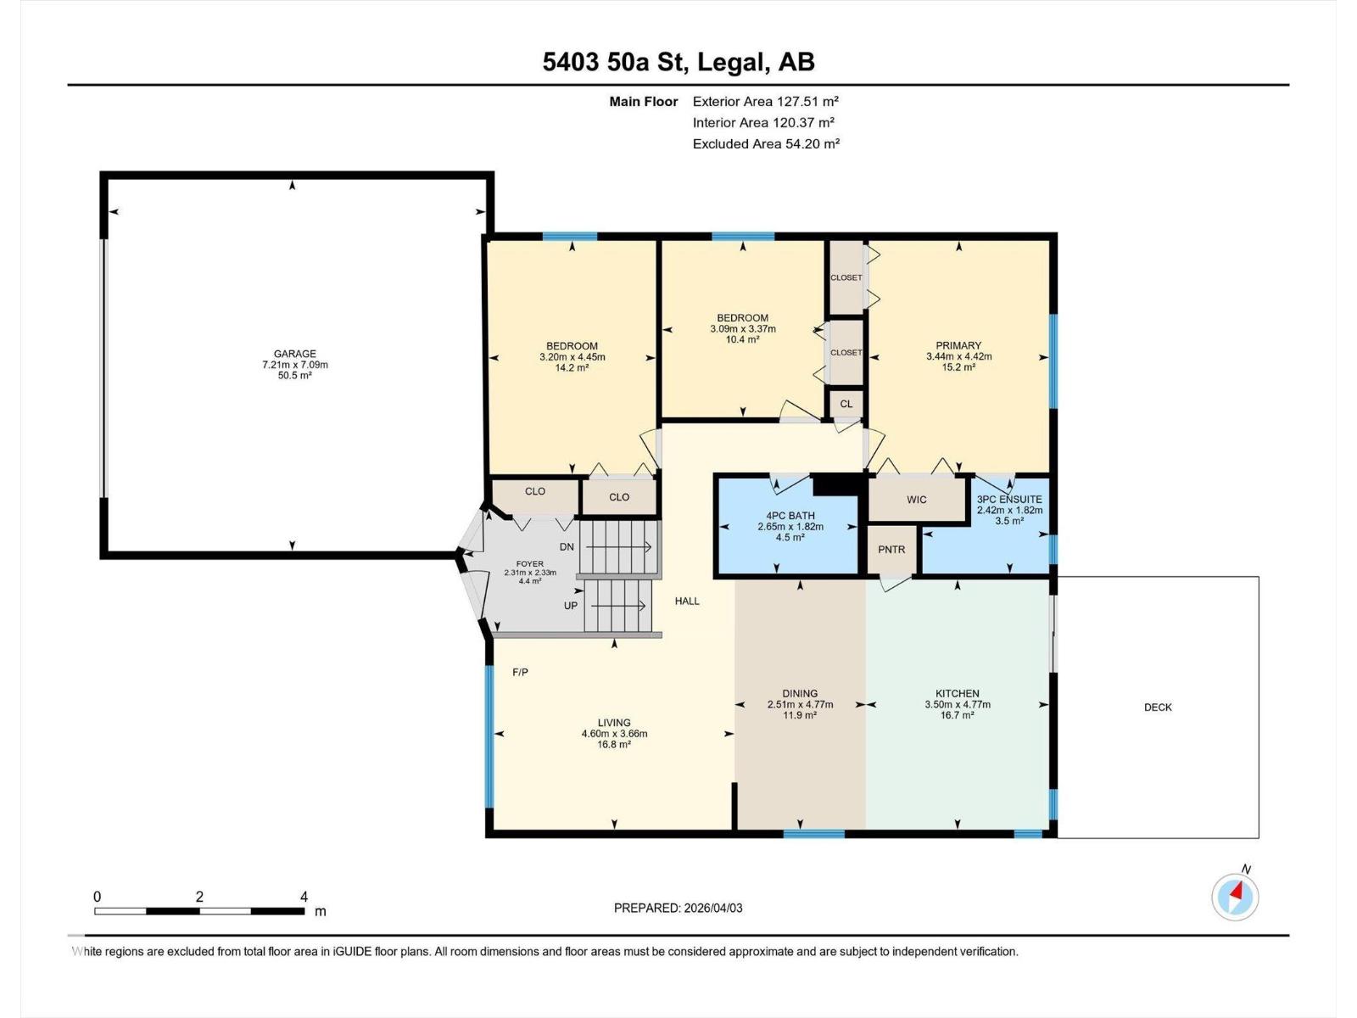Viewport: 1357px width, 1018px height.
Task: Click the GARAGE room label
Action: point(294,354)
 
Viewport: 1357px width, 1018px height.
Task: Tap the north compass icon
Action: point(1235,896)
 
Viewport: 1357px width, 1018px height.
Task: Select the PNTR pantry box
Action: point(891,550)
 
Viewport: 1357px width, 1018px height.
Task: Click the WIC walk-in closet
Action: point(917,500)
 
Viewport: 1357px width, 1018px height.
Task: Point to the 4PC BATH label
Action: point(790,516)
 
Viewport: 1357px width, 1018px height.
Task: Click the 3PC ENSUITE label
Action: point(1009,500)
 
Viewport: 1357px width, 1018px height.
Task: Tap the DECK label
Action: point(1158,707)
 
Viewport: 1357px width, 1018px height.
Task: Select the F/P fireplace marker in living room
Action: point(520,673)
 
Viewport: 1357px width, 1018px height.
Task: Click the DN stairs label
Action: point(567,547)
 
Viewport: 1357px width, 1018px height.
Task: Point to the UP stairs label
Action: point(571,606)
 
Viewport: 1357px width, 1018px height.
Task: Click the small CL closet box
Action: point(846,404)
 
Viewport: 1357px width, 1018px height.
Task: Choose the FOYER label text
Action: point(530,563)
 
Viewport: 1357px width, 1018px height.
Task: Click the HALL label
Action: point(687,601)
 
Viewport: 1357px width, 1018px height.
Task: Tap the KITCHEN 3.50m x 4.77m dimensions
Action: point(958,704)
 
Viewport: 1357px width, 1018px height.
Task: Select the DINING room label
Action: point(800,693)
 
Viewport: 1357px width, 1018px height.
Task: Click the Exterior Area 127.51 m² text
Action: point(765,101)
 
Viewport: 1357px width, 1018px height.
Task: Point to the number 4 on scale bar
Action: point(304,897)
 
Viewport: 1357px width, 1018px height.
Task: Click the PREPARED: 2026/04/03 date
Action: point(678,908)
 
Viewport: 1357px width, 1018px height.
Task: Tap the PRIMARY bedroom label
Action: point(958,345)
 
